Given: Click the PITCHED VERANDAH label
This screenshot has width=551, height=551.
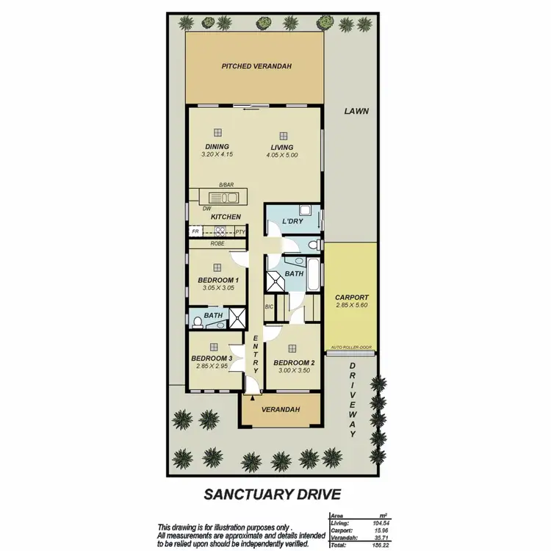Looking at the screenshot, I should (256, 66).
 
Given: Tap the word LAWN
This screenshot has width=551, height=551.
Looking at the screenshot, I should (356, 112).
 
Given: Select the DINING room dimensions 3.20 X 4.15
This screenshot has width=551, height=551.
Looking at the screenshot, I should (217, 155).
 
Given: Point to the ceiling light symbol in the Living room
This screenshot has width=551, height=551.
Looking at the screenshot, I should (283, 134).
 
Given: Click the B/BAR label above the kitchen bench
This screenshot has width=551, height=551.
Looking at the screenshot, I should (226, 185).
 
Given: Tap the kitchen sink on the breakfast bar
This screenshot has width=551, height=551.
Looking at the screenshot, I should (222, 197).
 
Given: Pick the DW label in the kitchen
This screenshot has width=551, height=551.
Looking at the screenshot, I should (206, 208).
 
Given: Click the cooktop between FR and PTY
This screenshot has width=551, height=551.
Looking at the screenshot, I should (218, 231).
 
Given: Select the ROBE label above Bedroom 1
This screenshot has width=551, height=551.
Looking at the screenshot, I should (217, 243).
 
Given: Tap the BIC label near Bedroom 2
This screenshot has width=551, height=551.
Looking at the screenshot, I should (269, 306).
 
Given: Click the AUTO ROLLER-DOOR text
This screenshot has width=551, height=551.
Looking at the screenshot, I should (352, 347).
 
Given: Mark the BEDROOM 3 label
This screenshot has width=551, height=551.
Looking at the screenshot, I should (212, 359).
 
